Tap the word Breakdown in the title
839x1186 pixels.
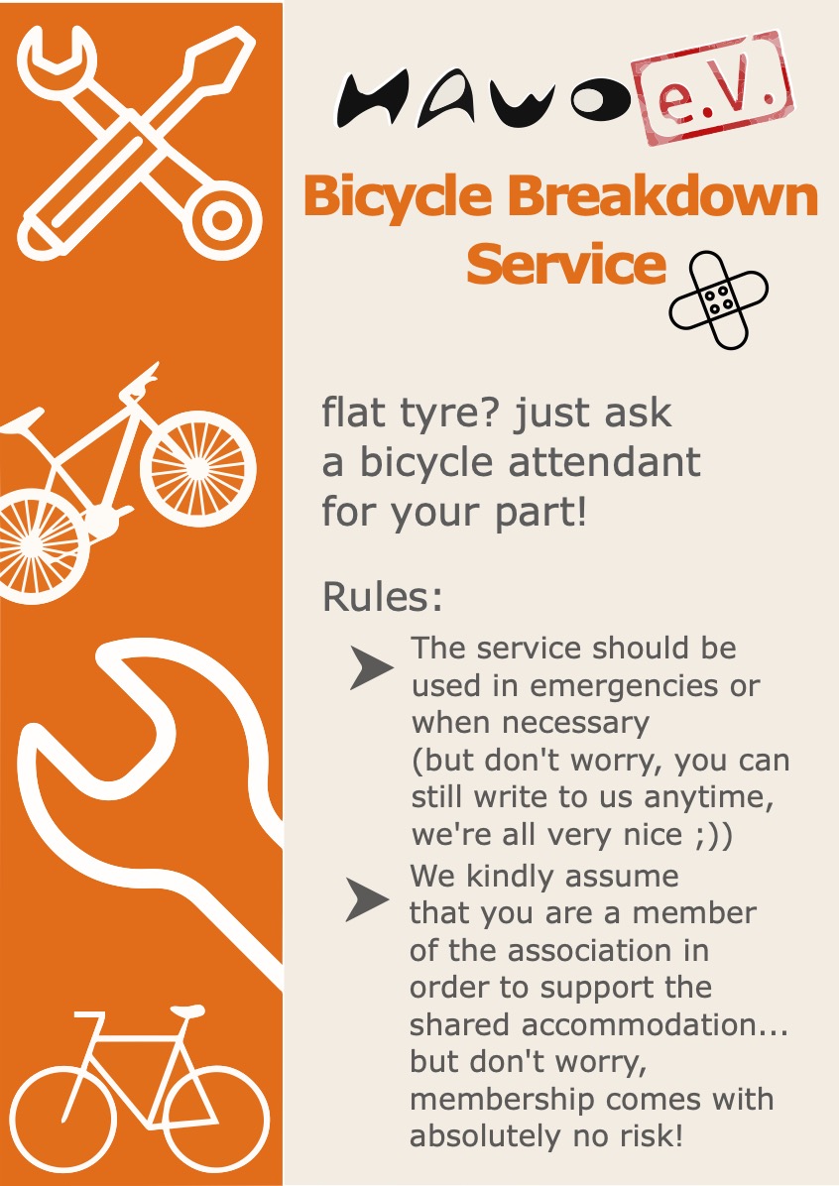pos(662,195)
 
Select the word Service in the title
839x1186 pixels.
pos(565,263)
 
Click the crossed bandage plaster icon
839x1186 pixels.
pos(718,299)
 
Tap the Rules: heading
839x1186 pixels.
pos(382,597)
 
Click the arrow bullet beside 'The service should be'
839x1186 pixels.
pos(372,667)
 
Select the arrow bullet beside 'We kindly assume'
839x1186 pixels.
pos(368,899)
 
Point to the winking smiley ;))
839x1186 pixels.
pos(713,835)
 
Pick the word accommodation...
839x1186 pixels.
pos(640,1025)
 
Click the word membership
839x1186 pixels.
pos(501,1099)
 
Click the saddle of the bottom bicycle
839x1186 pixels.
pos(187,1010)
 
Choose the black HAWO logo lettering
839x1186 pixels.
pos(485,98)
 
